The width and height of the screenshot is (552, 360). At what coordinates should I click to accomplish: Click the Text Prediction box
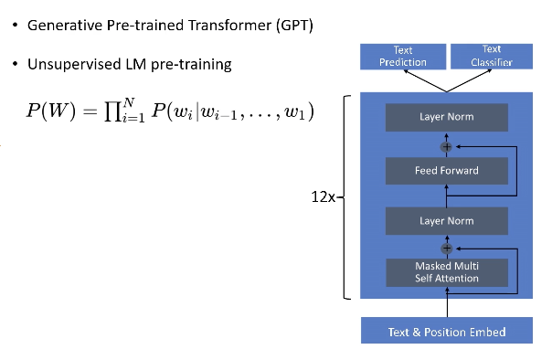(403, 56)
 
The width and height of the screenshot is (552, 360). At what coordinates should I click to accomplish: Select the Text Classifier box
(491, 56)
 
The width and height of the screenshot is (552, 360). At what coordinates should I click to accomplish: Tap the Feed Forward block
(447, 170)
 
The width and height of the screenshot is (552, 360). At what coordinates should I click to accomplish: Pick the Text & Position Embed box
(447, 331)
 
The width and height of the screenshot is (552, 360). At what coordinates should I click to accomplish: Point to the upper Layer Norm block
(447, 118)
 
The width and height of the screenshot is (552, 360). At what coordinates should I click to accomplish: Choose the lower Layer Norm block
(447, 220)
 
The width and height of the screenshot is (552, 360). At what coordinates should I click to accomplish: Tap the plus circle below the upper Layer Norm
(447, 145)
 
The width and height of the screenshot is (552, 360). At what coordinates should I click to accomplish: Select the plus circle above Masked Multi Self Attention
(447, 247)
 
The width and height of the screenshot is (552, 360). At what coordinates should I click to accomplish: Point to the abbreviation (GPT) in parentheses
(292, 25)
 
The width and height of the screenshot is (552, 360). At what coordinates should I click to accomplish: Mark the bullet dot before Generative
(15, 25)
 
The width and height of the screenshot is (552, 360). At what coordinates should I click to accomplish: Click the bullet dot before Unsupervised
(15, 65)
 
